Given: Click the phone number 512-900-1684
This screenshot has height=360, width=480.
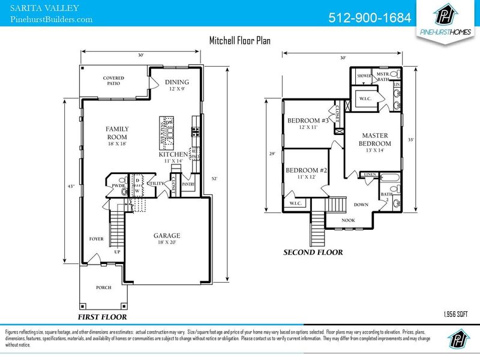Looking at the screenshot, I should pyautogui.click(x=370, y=17).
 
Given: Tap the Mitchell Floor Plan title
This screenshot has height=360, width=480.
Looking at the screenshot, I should pyautogui.click(x=239, y=41).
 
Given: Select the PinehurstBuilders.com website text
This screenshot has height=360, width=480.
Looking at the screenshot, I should pyautogui.click(x=52, y=19).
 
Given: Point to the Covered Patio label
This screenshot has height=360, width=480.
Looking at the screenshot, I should pyautogui.click(x=113, y=80).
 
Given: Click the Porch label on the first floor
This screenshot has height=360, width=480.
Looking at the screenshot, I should pyautogui.click(x=104, y=287).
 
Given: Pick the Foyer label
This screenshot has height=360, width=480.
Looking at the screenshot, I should pyautogui.click(x=96, y=239).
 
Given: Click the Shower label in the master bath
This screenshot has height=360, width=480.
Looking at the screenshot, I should pyautogui.click(x=364, y=76).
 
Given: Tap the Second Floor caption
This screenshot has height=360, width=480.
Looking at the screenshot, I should pyautogui.click(x=313, y=253).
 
